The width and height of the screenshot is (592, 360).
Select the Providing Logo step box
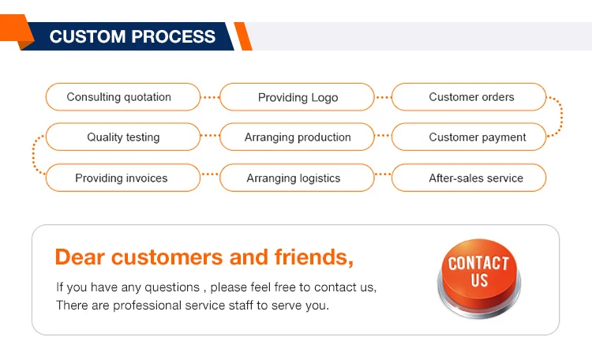coord(297,97)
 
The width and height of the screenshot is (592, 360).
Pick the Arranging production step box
coord(297,137)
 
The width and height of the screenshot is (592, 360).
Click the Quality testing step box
coord(122,137)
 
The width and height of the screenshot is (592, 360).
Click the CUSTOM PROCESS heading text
coord(133,36)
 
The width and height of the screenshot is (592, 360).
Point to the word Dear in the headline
coord(80,257)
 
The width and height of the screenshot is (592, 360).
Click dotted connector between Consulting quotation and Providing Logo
coord(210,97)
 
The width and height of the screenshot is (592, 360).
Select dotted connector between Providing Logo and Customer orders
coord(383,97)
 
